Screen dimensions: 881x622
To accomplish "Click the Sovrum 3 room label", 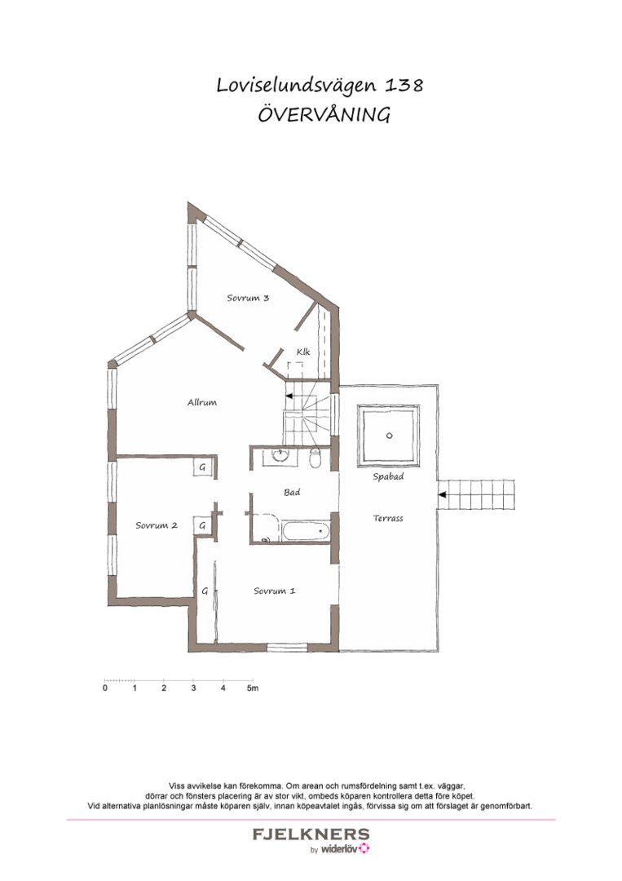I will (x=248, y=299).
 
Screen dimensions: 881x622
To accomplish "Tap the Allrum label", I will (x=201, y=402).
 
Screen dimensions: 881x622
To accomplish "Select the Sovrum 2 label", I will (x=156, y=526).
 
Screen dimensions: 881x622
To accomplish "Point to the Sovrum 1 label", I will (x=274, y=591).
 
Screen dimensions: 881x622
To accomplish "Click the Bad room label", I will (x=292, y=493).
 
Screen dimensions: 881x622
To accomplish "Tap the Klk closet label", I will (x=303, y=352).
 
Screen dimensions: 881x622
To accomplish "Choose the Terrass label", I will (x=388, y=518).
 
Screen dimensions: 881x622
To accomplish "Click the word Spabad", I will (x=388, y=477).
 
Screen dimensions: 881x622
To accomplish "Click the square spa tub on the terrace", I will (x=389, y=435).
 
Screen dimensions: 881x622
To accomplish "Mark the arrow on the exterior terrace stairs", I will (x=443, y=494).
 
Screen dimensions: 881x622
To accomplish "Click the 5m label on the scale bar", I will (x=253, y=688).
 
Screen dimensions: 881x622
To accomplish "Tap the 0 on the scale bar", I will (x=105, y=688).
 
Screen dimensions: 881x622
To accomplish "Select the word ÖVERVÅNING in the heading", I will (x=324, y=115).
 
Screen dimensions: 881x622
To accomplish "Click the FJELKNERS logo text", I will (x=311, y=835).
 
